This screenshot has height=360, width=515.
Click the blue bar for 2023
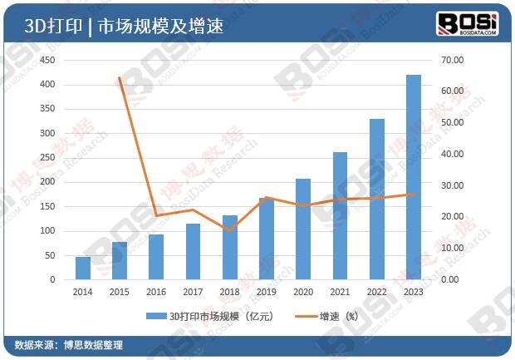click(x=413, y=177)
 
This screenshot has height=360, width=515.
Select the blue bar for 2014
click(x=83, y=268)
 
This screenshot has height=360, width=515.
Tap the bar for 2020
click(x=303, y=229)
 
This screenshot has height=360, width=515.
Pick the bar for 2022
click(x=376, y=200)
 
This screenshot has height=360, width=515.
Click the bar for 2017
click(x=193, y=251)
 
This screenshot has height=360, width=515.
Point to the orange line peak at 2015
click(x=120, y=78)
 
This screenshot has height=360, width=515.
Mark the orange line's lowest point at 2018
click(x=230, y=229)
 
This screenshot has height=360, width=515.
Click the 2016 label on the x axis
click(x=156, y=292)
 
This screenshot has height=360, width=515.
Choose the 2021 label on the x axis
click(x=340, y=292)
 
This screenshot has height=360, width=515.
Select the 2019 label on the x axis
click(x=267, y=292)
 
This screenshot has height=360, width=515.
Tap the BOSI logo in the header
click(x=467, y=23)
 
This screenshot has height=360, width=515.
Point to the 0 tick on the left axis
click(x=51, y=279)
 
